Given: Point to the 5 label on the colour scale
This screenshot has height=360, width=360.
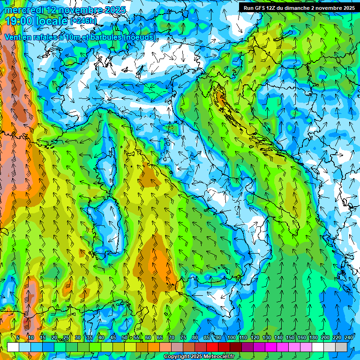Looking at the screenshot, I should tap(18, 337).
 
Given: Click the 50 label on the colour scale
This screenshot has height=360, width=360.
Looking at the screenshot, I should tap(125, 337).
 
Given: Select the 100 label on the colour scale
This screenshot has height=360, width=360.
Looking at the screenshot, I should tap(232, 337).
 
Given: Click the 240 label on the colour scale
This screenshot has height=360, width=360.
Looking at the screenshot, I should tap(349, 337).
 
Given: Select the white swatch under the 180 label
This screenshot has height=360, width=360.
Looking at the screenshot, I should tap(318, 347).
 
